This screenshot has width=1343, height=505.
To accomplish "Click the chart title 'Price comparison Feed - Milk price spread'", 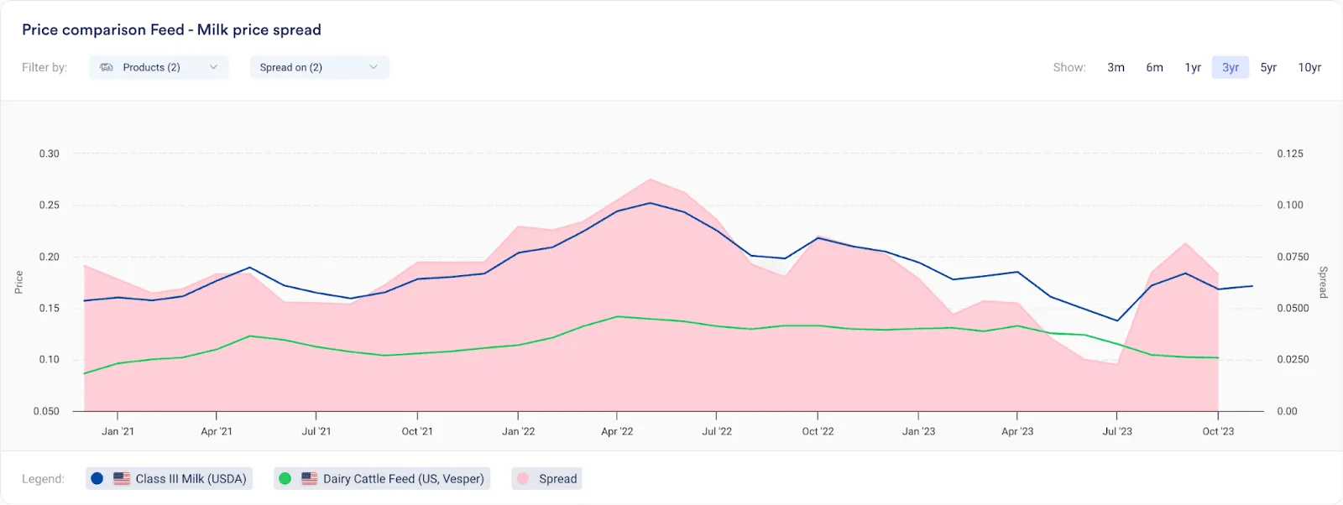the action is (x=171, y=30).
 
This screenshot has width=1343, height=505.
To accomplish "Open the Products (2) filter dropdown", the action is (x=159, y=67).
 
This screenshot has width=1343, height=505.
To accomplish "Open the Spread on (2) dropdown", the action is (x=320, y=67).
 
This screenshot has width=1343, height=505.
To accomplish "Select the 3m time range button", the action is (x=1116, y=67).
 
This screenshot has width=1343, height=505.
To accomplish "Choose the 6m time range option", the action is (x=1154, y=67).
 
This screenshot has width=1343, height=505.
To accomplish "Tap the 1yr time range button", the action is (x=1193, y=67).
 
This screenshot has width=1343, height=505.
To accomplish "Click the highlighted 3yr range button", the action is (x=1231, y=67).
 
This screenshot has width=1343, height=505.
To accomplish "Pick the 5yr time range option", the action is (x=1268, y=67).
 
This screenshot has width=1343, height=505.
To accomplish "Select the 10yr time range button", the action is (x=1309, y=67).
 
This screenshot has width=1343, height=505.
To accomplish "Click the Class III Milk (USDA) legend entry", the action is (x=169, y=479).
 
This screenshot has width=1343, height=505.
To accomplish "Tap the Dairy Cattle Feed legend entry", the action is (x=382, y=479).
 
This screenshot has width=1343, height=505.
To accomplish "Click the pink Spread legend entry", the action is (x=546, y=479).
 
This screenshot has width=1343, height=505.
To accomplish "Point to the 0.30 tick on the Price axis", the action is (x=50, y=154).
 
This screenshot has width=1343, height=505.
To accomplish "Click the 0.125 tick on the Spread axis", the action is (x=1289, y=154).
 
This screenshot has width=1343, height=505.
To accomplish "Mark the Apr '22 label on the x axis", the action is (x=617, y=431).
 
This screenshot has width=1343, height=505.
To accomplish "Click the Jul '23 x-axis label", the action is (x=1117, y=431).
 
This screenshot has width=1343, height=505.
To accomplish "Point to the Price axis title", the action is (x=18, y=282).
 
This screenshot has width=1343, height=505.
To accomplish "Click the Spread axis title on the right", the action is (x=1323, y=282).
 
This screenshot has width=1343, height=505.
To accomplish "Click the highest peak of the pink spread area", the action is (x=651, y=180).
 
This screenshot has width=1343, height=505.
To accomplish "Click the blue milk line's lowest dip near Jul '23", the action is (x=1117, y=320).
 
